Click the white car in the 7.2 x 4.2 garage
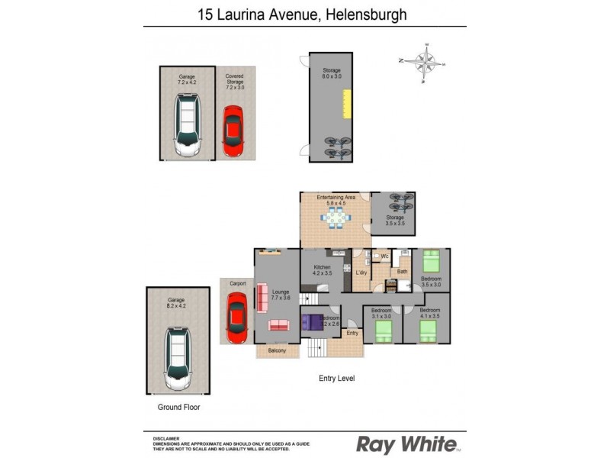click(187, 124)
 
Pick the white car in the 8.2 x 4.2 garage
click(178, 355)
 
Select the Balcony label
click(278, 351)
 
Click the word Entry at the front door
click(352, 333)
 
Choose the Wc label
click(384, 256)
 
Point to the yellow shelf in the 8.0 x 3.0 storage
click(346, 105)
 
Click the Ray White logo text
click(408, 443)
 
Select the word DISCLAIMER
click(166, 438)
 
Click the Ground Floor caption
click(178, 407)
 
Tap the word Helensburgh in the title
click(364, 14)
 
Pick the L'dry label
click(361, 273)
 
